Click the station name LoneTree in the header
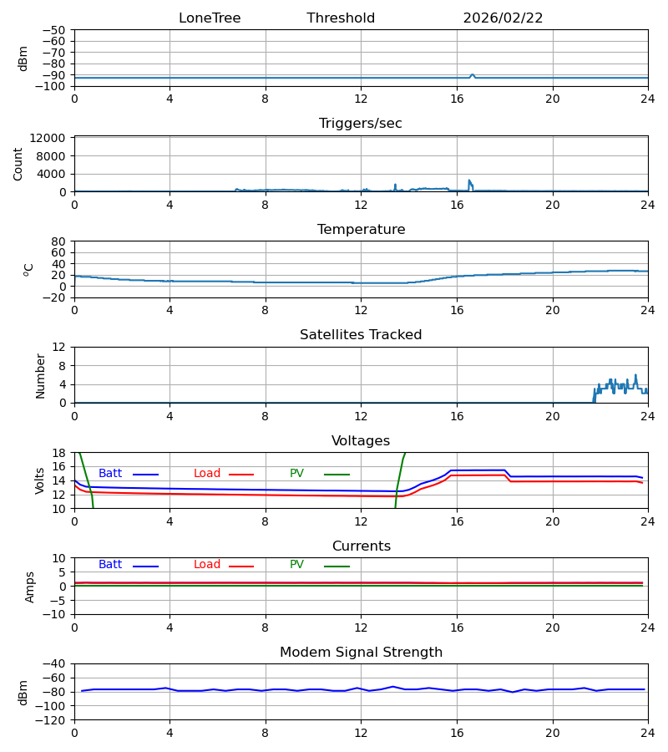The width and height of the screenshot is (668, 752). [210, 18]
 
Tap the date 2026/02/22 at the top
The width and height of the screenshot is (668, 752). [503, 18]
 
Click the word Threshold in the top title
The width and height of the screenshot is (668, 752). [341, 18]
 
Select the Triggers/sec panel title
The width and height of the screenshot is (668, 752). [361, 124]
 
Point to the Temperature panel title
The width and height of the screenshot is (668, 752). [361, 230]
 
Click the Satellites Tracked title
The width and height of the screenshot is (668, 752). [361, 335]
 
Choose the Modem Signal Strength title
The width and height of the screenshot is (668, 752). [361, 653]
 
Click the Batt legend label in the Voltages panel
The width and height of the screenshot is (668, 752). [110, 474]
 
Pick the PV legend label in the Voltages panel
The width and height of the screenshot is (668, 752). [296, 474]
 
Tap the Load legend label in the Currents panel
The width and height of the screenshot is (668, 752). [207, 565]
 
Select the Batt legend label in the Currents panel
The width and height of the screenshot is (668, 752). [110, 565]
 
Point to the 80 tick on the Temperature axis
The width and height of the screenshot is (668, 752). [59, 241]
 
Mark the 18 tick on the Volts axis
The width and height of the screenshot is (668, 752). [59, 453]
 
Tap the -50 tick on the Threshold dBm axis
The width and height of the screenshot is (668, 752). [56, 30]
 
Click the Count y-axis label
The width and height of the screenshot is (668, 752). [18, 164]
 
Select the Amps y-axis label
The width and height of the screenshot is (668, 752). [30, 587]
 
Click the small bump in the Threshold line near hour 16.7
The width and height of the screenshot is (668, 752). [473, 74]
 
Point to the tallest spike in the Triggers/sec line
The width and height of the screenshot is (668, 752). [469, 180]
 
